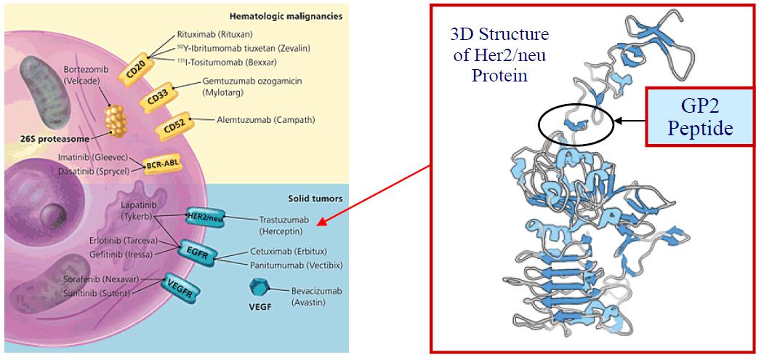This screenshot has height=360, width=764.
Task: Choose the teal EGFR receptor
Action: [198, 252]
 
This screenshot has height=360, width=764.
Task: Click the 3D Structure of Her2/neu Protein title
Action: [490, 55]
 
